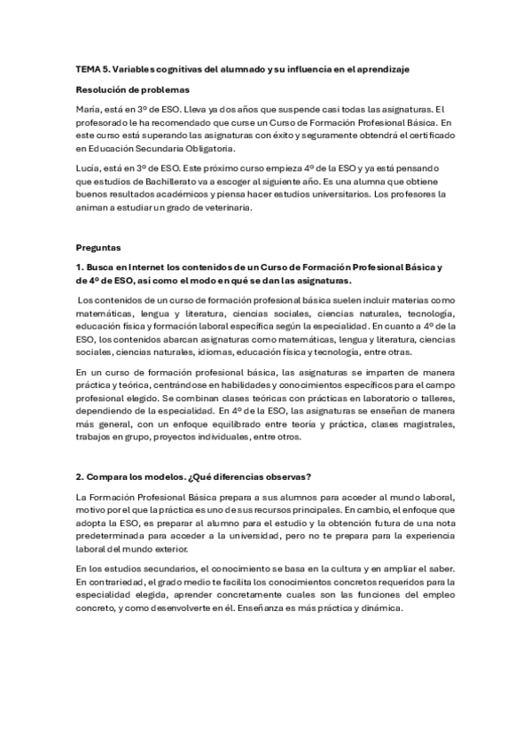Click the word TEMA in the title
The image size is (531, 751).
click(87, 68)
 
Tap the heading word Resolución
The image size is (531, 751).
click(102, 89)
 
